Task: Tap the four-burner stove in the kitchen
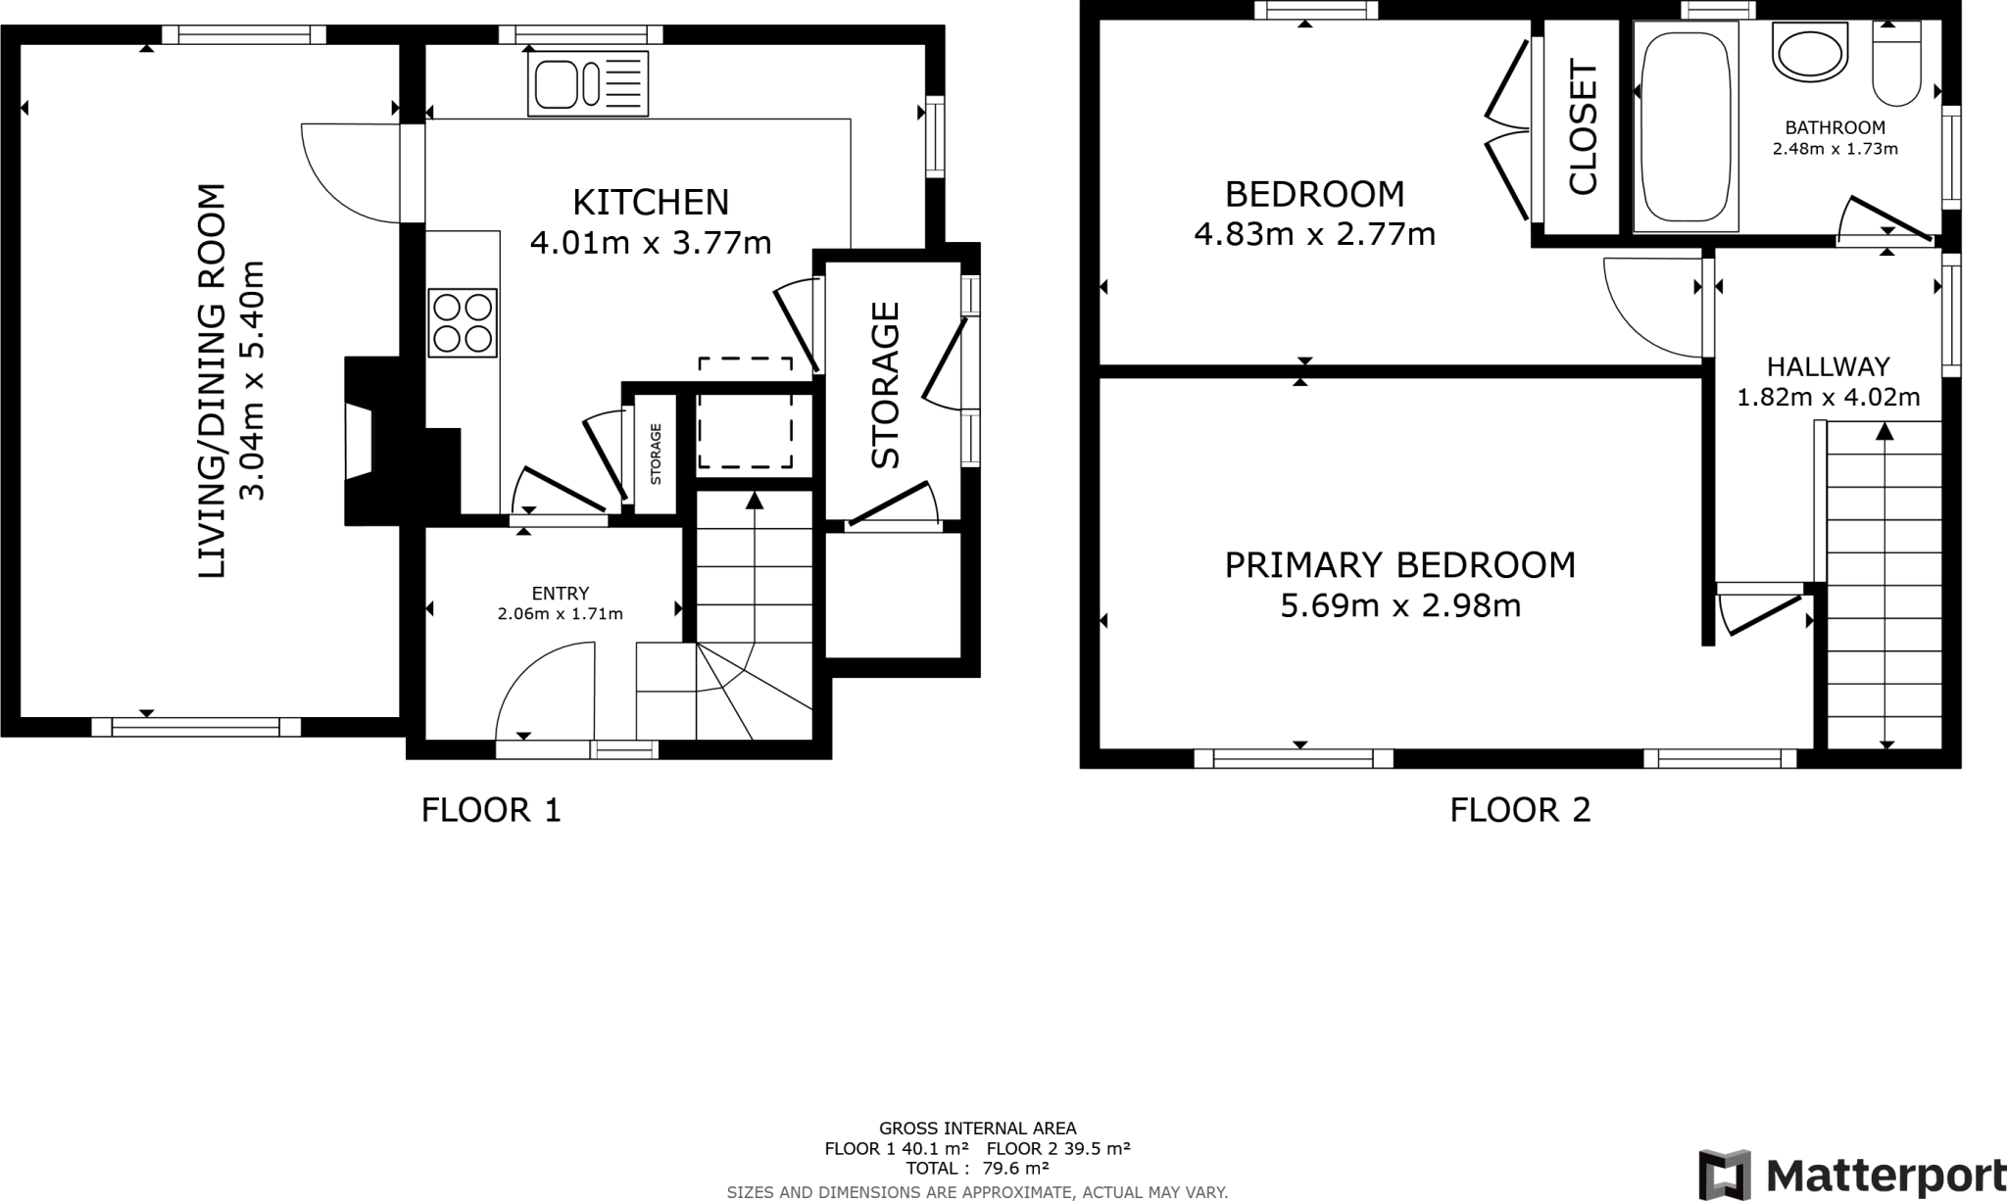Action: point(463,323)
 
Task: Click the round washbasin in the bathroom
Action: point(1810,54)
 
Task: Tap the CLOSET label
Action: point(1583,127)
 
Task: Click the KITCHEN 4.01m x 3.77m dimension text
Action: point(651,242)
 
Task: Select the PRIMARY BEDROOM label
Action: point(1399,565)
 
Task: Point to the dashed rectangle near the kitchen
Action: point(745,412)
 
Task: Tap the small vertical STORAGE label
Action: point(656,454)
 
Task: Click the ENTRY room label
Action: point(561,594)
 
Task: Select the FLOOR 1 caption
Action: point(491,810)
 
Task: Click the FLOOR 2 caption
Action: point(1520,810)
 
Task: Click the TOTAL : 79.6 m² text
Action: point(977,1168)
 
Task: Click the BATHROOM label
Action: point(1835,127)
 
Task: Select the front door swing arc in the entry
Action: point(539,686)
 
